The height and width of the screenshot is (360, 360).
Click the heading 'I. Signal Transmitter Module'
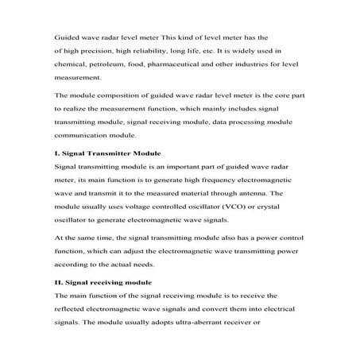point(106,153)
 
